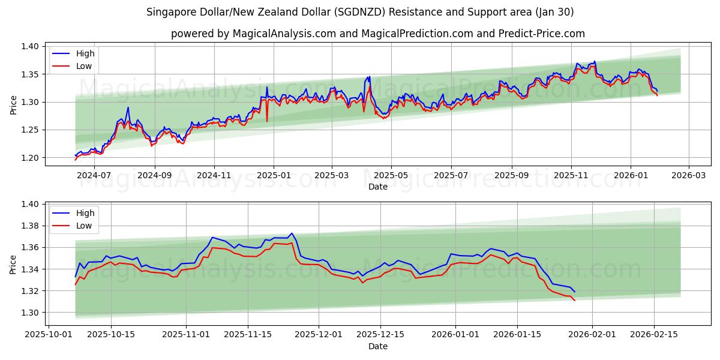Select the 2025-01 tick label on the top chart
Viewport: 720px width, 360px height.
pyautogui.click(x=274, y=175)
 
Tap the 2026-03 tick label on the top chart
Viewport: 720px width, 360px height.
pyautogui.click(x=688, y=175)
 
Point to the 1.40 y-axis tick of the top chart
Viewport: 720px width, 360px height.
pyautogui.click(x=30, y=47)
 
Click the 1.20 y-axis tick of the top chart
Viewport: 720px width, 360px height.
pyautogui.click(x=30, y=158)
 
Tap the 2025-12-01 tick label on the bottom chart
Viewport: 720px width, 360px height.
pyautogui.click(x=318, y=334)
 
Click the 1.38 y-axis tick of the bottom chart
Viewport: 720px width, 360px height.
pyautogui.click(x=30, y=226)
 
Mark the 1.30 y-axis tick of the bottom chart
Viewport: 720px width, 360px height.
pyautogui.click(x=30, y=313)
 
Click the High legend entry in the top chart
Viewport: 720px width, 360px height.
pyautogui.click(x=85, y=53)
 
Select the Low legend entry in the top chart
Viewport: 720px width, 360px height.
pyautogui.click(x=84, y=66)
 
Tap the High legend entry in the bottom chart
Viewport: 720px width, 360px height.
pyautogui.click(x=85, y=213)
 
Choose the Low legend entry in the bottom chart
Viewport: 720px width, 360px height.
pyautogui.click(x=84, y=226)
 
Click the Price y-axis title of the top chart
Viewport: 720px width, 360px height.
pyautogui.click(x=13, y=104)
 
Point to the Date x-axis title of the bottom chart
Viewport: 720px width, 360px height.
pyautogui.click(x=378, y=346)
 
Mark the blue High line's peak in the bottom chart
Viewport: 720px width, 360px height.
pyautogui.click(x=292, y=233)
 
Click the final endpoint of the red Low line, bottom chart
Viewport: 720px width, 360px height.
pyautogui.click(x=574, y=300)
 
